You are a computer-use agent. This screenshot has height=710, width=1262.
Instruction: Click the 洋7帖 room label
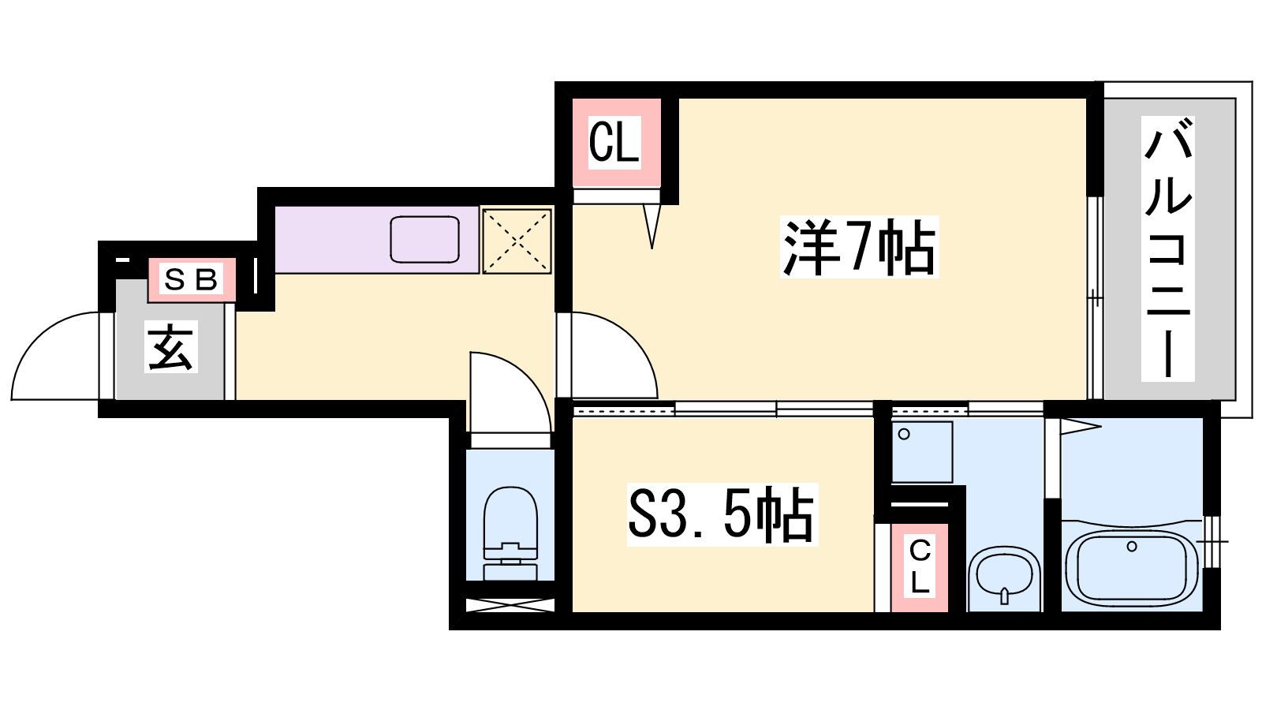pyautogui.click(x=859, y=246)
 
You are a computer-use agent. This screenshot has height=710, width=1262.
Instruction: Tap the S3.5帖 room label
pyautogui.click(x=722, y=514)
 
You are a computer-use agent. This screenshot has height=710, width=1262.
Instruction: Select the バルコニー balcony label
pyautogui.click(x=1167, y=248)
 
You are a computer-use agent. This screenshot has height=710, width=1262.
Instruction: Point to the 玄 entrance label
pyautogui.click(x=171, y=346)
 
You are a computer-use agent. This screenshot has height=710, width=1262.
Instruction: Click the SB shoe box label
pyautogui.click(x=191, y=279)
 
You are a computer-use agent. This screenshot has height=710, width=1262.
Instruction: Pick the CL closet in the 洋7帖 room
pyautogui.click(x=614, y=143)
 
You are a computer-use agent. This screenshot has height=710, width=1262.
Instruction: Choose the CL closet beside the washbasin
pyautogui.click(x=920, y=566)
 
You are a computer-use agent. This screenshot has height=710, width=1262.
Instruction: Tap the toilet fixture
pyautogui.click(x=510, y=533)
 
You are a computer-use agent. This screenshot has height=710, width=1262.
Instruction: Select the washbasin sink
pyautogui.click(x=1004, y=576)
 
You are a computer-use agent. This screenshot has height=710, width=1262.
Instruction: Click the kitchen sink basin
pyautogui.click(x=425, y=240)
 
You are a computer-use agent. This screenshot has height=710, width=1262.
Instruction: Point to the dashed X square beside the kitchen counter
pyautogui.click(x=517, y=241)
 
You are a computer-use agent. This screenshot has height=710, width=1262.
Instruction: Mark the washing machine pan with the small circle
pyautogui.click(x=922, y=452)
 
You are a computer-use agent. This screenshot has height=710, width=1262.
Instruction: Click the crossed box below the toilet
pyautogui.click(x=510, y=605)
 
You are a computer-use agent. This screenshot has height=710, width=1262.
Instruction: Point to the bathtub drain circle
pyautogui.click(x=1131, y=547)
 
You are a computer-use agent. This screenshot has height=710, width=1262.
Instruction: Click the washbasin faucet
pyautogui.click(x=1004, y=596)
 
